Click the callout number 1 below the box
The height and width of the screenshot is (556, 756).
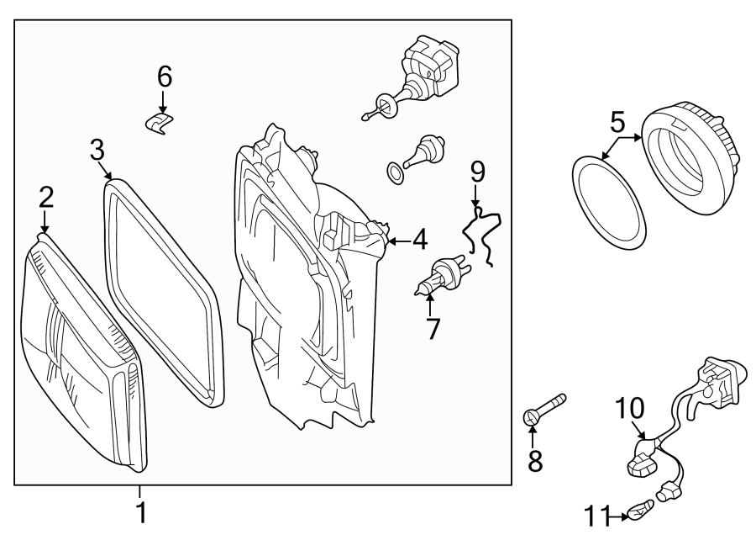click(x=141, y=511)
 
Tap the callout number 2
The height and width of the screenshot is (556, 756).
click(x=45, y=199)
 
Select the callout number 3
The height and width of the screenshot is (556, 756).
click(x=97, y=151)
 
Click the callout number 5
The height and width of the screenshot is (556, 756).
click(x=617, y=123)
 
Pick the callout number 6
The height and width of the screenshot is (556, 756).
click(x=164, y=77)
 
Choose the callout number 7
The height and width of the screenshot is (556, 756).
click(x=433, y=328)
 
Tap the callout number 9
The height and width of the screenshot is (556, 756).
click(x=477, y=172)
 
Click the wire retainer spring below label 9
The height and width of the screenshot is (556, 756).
click(x=482, y=232)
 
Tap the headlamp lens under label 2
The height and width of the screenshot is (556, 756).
click(x=80, y=353)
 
